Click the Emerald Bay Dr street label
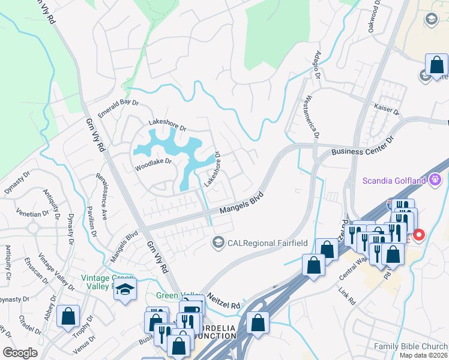click(x=119, y=109)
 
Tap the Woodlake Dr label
click(x=153, y=161)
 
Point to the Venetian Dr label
click(x=33, y=214)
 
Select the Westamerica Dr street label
click(x=311, y=114)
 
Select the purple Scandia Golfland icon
click(x=436, y=179)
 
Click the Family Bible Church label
click(x=410, y=346)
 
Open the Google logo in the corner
click(x=20, y=353)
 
